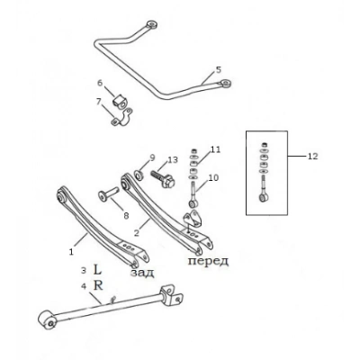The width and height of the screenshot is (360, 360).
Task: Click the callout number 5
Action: [x=219, y=70]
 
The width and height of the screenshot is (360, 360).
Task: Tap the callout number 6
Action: [x=100, y=83]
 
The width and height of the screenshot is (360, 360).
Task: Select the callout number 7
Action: [x=99, y=102]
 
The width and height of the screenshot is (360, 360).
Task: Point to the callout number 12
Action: [x=312, y=157]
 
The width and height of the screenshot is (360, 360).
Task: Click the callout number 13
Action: [x=173, y=159]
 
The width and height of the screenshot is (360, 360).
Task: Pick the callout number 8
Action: [x=126, y=215]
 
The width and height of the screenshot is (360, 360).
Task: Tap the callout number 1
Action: [x=71, y=252]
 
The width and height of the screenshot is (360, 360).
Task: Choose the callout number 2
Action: [x=137, y=233]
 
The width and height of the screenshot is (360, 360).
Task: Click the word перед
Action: [x=208, y=261]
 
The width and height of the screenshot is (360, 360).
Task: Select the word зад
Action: [x=142, y=273]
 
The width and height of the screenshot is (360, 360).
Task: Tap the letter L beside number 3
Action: [x=97, y=269]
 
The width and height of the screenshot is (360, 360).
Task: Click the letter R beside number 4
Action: [x=98, y=285]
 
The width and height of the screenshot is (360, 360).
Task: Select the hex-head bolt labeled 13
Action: [x=162, y=178]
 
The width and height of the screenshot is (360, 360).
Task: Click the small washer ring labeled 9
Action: [x=139, y=175]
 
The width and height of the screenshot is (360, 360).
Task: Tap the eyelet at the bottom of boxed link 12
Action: [x=264, y=197]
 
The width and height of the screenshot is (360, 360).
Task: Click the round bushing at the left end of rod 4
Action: [x=47, y=319]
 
